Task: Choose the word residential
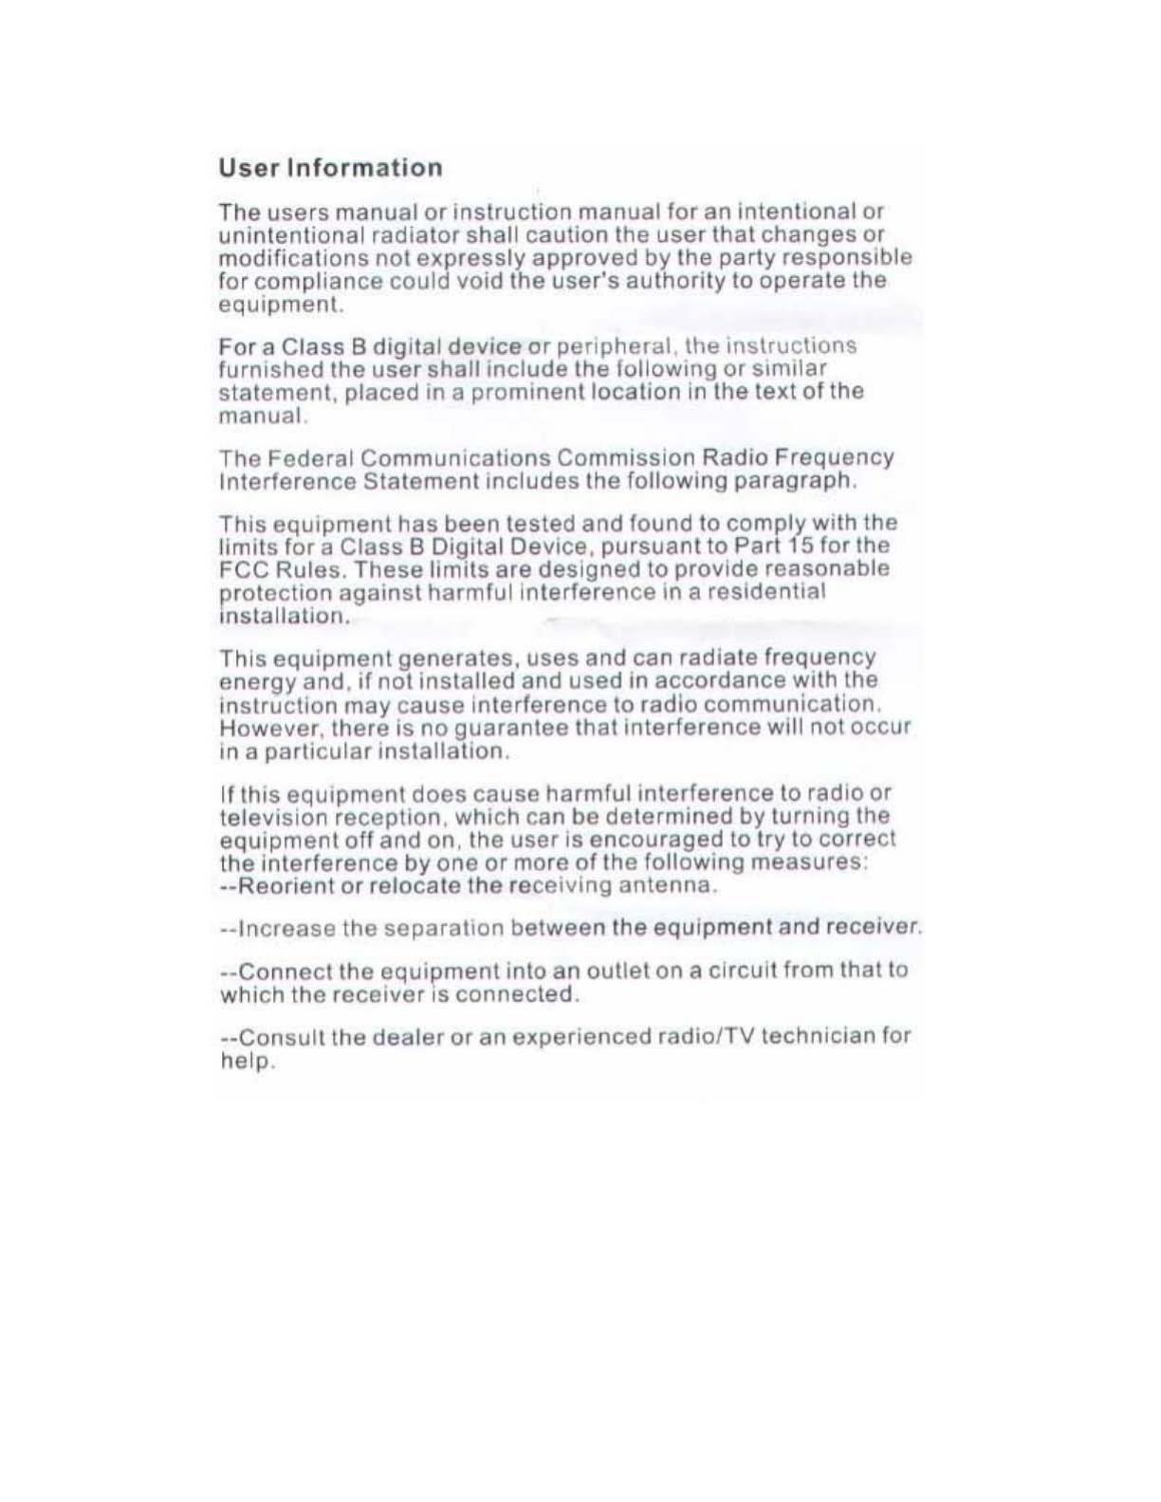769,592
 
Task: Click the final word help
246,1061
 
